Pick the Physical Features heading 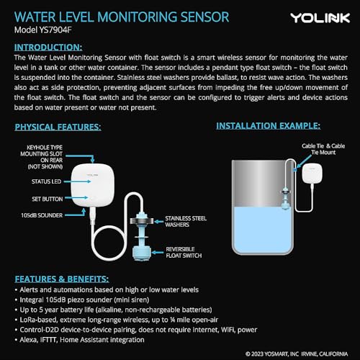[x=58, y=127]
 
